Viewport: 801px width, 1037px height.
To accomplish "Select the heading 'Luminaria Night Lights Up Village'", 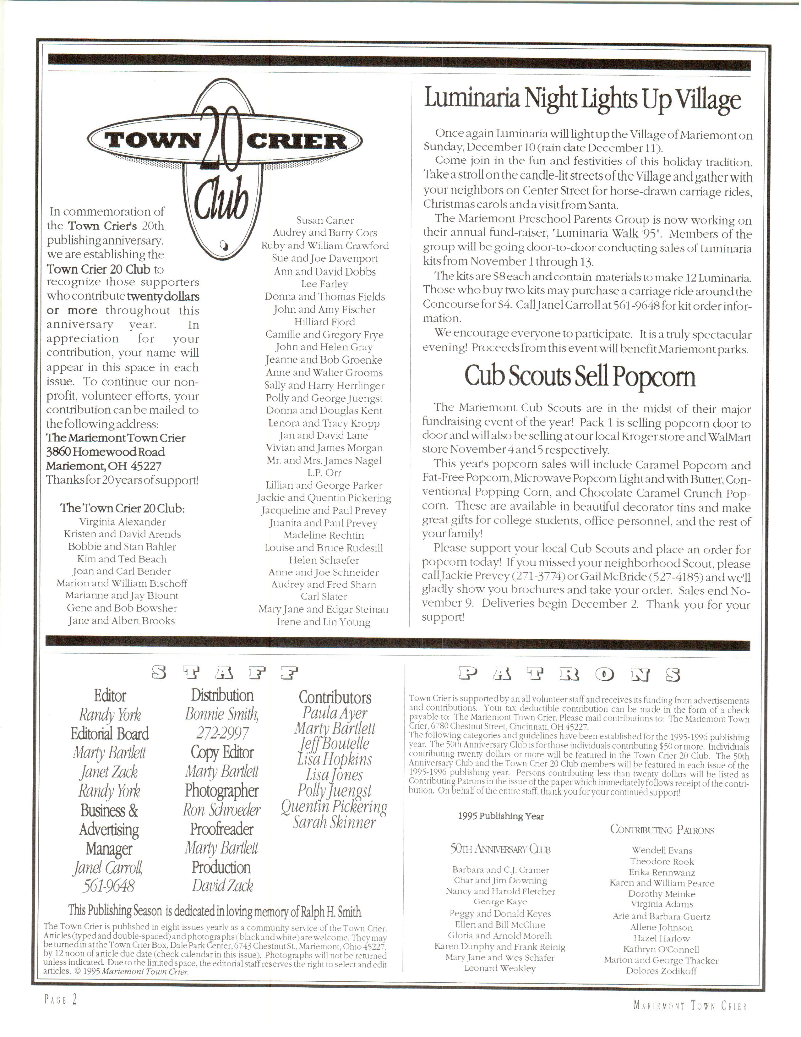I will [582, 99].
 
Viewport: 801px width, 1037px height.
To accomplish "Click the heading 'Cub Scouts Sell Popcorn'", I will [580, 376].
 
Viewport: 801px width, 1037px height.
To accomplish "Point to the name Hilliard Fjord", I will [324, 322].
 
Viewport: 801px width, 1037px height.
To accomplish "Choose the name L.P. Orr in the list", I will [324, 473].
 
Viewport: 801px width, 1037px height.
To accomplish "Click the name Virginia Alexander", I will [123, 522].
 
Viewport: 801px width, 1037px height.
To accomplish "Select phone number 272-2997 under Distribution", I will [222, 733].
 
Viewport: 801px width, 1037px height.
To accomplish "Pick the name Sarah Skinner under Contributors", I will [334, 822].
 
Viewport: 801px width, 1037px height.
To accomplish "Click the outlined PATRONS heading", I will [569, 675].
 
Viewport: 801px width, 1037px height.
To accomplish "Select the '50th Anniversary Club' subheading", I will [500, 849].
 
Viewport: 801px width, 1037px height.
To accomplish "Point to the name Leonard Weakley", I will [500, 968].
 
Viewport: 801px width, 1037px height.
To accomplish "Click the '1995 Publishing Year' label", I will [501, 816].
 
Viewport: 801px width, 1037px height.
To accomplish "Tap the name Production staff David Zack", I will [222, 886].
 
